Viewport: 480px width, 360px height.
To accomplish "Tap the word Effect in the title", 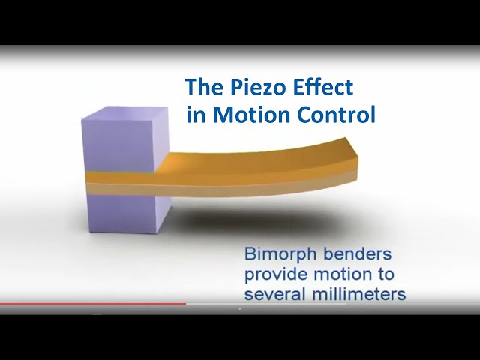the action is [323, 86].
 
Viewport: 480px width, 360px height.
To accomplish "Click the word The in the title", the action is [204, 86].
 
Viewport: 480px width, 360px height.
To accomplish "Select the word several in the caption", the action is [275, 295].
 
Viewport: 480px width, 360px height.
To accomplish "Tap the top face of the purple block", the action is [125, 112].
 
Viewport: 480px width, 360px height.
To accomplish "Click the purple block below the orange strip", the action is [128, 213].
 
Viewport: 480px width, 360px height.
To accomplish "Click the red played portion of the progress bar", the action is [93, 304].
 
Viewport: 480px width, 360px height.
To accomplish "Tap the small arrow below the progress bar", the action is [240, 309].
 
